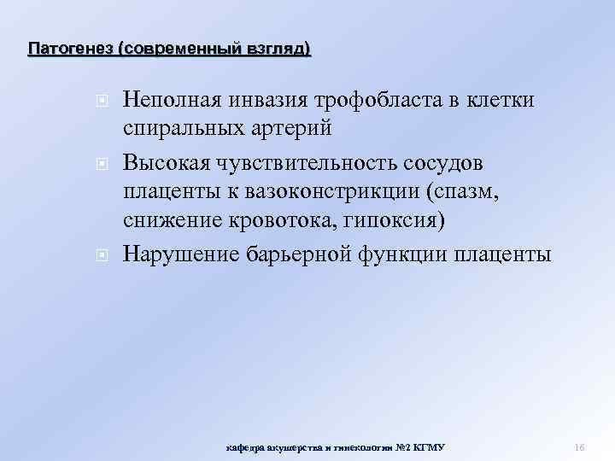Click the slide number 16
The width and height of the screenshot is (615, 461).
pos(578,446)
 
